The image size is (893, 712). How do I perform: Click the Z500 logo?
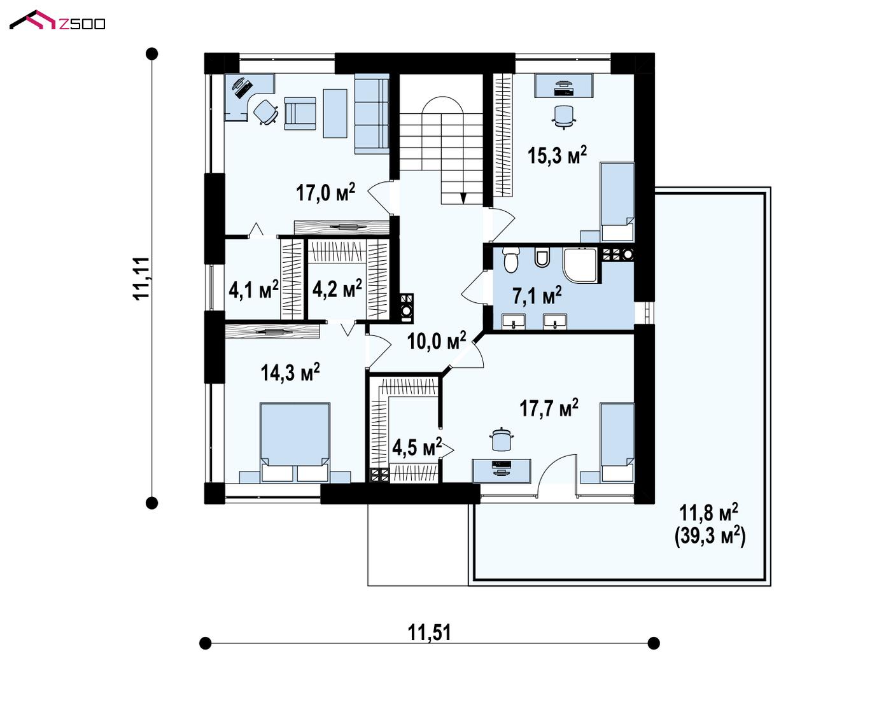click(x=57, y=20)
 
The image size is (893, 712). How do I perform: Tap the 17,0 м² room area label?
click(x=325, y=192)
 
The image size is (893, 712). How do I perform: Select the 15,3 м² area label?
click(x=558, y=155)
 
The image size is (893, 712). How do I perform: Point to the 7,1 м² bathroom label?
click(x=537, y=295)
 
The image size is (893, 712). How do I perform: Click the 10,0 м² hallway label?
click(x=437, y=340)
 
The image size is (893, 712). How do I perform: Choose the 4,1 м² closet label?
click(x=253, y=290)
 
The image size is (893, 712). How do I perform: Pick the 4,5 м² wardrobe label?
click(x=417, y=447)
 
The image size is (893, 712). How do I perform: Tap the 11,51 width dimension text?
click(x=429, y=632)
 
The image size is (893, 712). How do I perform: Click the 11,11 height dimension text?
click(x=141, y=278)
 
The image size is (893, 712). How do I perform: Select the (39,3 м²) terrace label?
click(x=710, y=536)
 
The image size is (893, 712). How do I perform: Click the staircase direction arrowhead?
click(x=463, y=199)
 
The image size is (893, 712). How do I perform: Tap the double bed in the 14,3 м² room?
click(x=295, y=442)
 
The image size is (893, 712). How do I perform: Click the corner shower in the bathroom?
click(x=580, y=265)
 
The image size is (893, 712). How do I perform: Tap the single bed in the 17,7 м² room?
click(x=617, y=443)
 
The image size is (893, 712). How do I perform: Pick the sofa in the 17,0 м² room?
click(x=371, y=114)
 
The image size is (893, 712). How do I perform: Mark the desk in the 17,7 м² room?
click(x=502, y=471)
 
